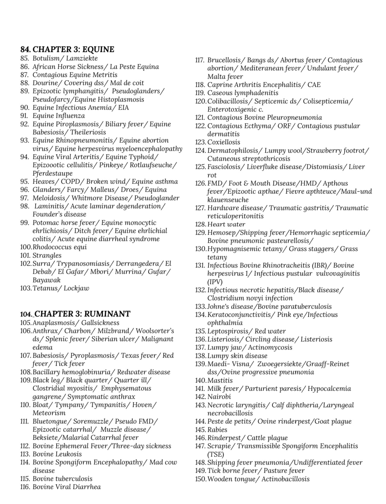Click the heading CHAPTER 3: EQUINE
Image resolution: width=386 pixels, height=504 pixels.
[x=73, y=49]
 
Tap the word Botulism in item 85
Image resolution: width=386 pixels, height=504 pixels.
[x=46, y=58]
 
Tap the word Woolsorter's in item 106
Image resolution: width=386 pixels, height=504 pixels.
[x=155, y=331]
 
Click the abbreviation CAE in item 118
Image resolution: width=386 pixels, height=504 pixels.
[x=314, y=85]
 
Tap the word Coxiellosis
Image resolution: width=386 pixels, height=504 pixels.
[x=224, y=142]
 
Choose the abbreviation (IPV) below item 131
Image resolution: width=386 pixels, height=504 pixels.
[x=215, y=282]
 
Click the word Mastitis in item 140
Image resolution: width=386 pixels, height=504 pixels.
[x=220, y=380]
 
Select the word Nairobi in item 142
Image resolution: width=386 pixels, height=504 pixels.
[x=219, y=397]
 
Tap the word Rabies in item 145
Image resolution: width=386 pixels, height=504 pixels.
[x=217, y=430]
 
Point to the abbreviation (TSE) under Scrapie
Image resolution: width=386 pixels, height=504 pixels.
[x=216, y=454]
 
